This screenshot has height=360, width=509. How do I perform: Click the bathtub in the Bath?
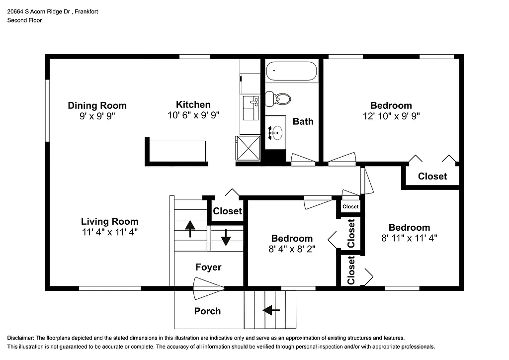291,71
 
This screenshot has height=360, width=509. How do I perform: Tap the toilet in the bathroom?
279,99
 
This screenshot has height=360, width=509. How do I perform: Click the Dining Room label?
97,105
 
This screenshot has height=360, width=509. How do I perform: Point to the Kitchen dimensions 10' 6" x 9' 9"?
193,115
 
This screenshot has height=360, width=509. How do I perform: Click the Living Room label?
109,222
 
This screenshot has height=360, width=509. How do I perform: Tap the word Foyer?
208,268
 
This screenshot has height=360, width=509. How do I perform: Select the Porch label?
207,311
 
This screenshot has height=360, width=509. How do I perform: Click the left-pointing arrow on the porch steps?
271,311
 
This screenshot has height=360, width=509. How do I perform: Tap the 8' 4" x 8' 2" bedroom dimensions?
292,248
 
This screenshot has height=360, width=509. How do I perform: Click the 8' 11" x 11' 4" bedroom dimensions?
409,238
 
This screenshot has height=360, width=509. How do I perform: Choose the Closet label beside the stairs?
227,211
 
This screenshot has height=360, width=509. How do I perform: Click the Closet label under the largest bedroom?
432,177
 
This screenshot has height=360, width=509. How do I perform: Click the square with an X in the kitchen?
248,148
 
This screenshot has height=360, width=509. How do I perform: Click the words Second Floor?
24,20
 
